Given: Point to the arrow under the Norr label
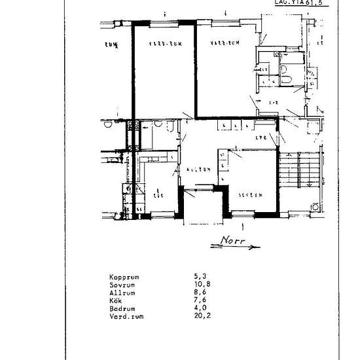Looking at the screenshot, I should pos(236,247).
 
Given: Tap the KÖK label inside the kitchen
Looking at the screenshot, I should pos(158,194).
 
